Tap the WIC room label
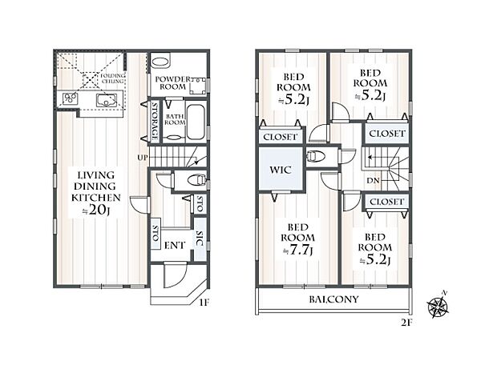coord(281,170)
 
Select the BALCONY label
coord(333,299)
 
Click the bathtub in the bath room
coord(196,122)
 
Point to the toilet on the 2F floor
coord(316,157)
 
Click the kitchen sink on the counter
coord(107,100)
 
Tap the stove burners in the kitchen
coord(71,98)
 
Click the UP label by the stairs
coord(143,158)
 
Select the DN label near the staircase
coord(373,181)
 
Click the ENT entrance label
coord(175,246)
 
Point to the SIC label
coord(200,238)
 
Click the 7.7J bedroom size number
coord(298,251)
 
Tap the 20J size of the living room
coord(96,210)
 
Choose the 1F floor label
coord(204,303)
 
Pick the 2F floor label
coord(406,323)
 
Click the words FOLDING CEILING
coord(113,78)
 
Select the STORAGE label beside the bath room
coord(155,121)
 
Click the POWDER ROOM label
coord(172,83)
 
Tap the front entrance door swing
coord(176,275)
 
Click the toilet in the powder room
coord(160,62)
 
